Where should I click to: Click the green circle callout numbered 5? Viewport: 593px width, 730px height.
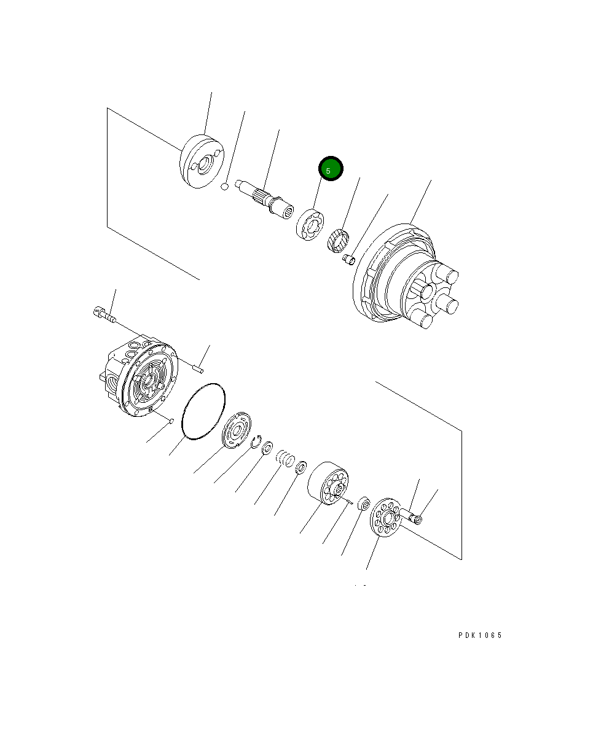coord(330,169)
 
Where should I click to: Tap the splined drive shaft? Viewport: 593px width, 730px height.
coord(267,200)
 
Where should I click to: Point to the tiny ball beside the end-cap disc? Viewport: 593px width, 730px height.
coord(226,185)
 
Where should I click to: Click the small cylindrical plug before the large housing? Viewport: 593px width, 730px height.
coord(348,260)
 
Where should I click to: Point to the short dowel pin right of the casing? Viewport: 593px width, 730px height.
coord(197,369)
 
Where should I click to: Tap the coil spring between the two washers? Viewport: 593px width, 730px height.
coord(285,458)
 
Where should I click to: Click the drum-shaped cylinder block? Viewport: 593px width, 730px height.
coord(329,485)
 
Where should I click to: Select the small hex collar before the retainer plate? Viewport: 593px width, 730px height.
coord(363,504)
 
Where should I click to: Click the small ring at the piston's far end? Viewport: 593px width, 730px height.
coord(418,520)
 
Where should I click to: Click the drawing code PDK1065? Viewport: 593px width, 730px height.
coord(480,635)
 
